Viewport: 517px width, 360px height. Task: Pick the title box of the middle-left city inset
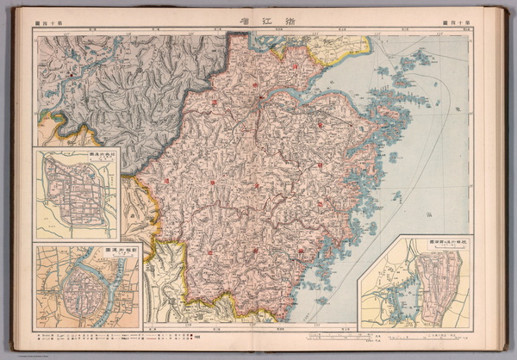100,155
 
